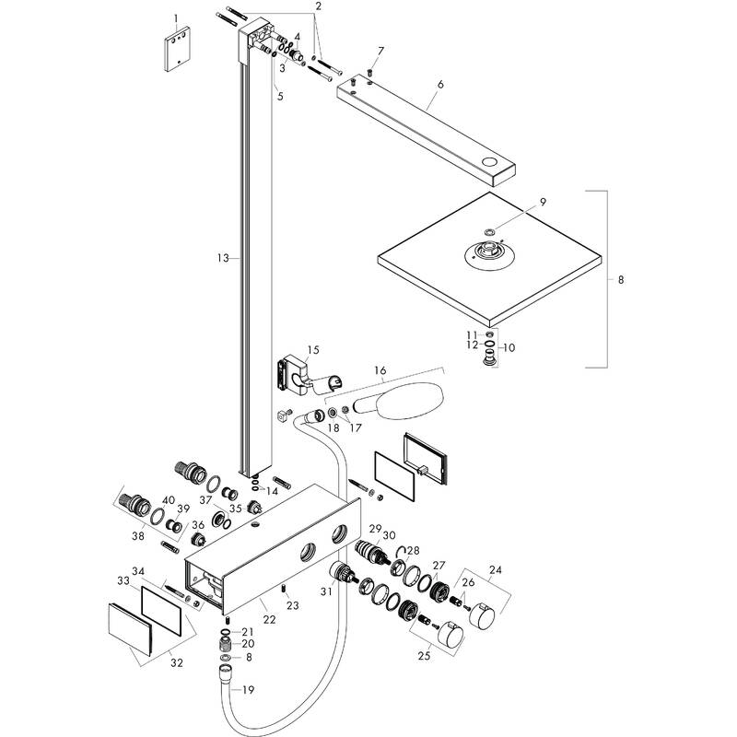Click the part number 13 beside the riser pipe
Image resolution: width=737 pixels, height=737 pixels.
click(x=222, y=259)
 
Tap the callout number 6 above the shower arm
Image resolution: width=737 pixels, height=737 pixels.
click(x=440, y=84)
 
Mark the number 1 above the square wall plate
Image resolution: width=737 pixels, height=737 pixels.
click(x=178, y=18)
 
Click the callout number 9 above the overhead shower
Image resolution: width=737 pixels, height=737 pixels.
click(x=543, y=202)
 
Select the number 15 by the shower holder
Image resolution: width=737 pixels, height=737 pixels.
click(x=313, y=350)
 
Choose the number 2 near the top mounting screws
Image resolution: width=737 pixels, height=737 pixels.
click(x=318, y=6)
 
